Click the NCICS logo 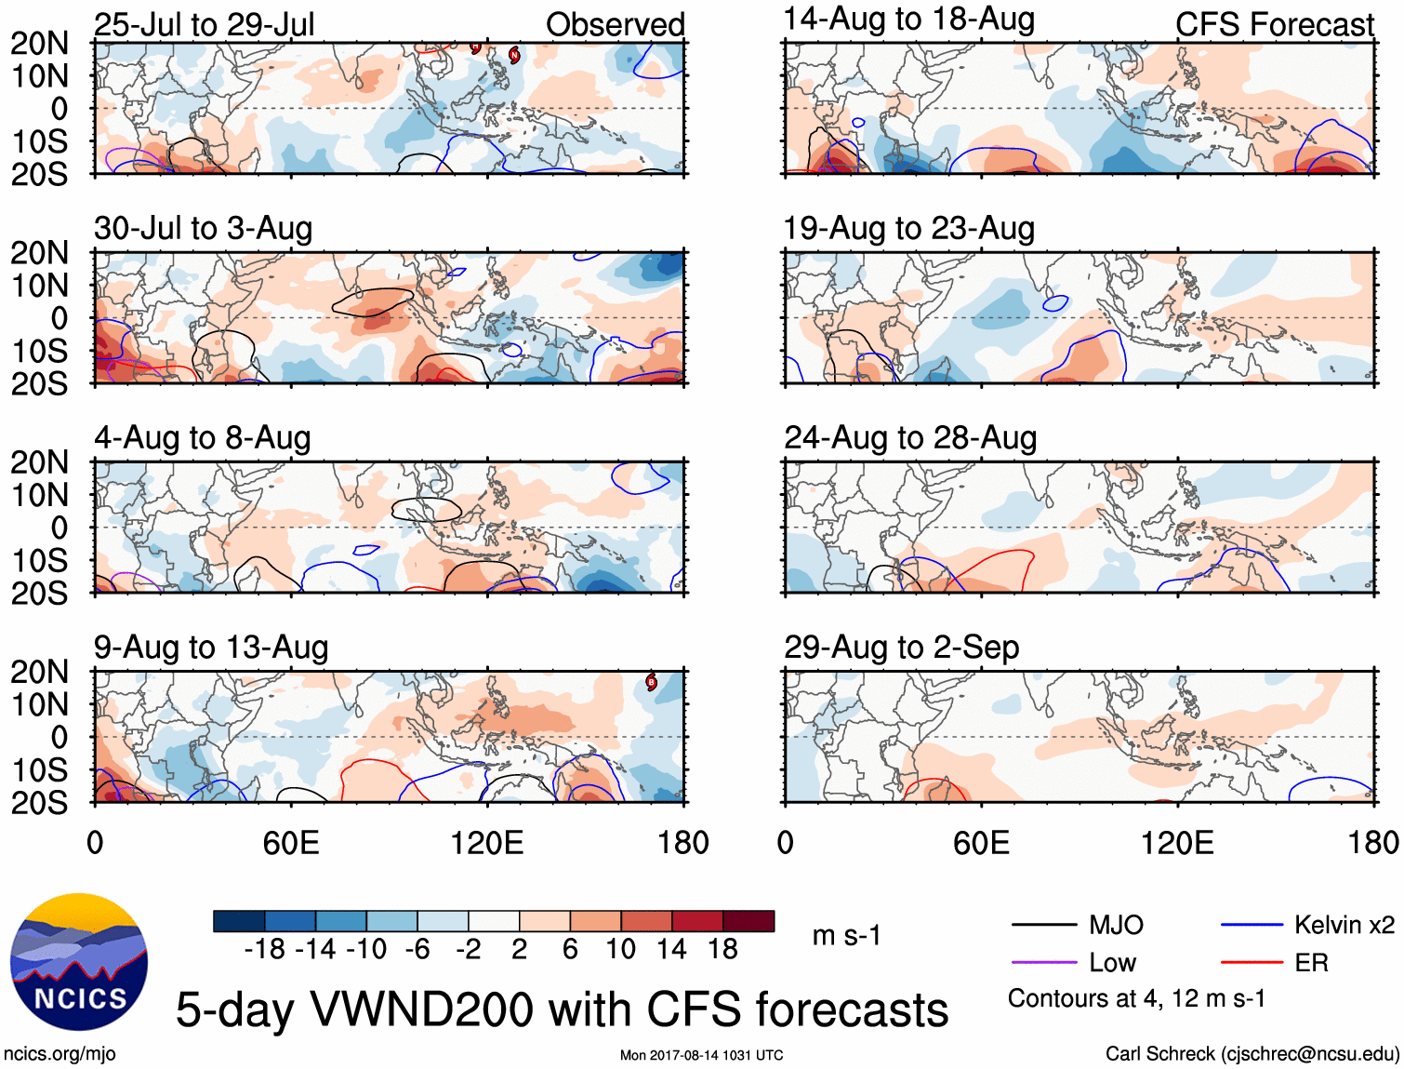pos(79,962)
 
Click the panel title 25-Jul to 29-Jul pos(204,25)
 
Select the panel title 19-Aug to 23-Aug pos(908,228)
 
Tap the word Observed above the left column pos(615,25)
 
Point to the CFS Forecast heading pos(1274,25)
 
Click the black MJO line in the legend pos(1043,925)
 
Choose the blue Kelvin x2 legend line pos(1252,925)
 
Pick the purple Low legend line pos(1043,962)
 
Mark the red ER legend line pos(1252,962)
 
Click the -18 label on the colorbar pos(264,949)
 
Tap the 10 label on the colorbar pos(620,949)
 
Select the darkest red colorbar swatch pos(748,921)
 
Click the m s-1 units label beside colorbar pos(846,935)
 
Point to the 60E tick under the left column pos(291,843)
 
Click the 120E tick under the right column pos(1177,843)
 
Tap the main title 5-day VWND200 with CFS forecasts pos(562,1009)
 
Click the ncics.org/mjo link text pos(60,1053)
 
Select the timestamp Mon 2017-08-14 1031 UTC pos(701,1055)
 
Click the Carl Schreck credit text pos(1252,1053)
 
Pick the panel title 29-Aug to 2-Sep pos(901,647)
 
